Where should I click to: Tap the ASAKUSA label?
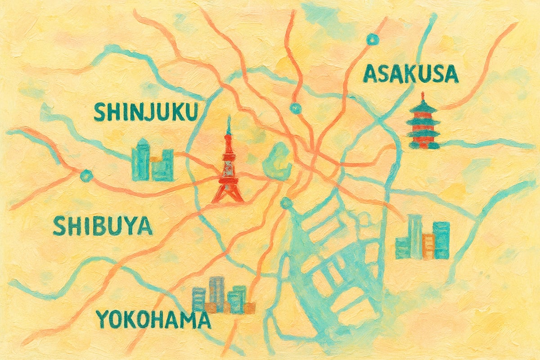pyautogui.click(x=410, y=74)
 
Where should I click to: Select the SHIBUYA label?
pyautogui.click(x=103, y=226)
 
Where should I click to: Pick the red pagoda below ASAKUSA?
pyautogui.click(x=423, y=122)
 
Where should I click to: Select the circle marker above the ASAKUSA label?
pyautogui.click(x=372, y=40)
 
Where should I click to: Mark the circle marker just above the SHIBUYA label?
pyautogui.click(x=85, y=175)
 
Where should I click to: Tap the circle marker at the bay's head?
pyautogui.click(x=285, y=203)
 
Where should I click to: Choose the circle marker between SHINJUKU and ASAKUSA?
pyautogui.click(x=295, y=108)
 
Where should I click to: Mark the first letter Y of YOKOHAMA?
pyautogui.click(x=103, y=319)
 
